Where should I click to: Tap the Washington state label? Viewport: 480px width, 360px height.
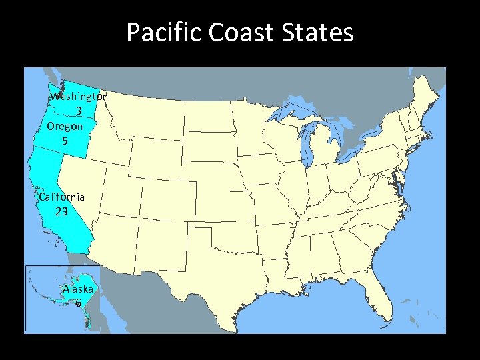(x=79, y=96)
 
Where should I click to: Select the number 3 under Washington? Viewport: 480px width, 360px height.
(x=79, y=111)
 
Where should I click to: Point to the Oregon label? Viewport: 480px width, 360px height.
(x=65, y=125)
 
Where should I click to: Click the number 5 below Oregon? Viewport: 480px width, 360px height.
(x=65, y=141)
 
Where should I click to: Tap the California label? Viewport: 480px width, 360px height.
(x=62, y=197)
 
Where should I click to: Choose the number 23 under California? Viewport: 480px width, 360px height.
(x=61, y=212)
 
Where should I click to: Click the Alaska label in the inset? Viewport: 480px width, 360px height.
(x=78, y=289)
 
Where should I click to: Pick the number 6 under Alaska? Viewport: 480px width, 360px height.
(x=78, y=303)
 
